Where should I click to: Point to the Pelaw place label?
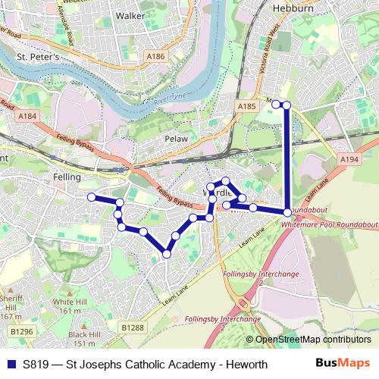pos(177,139)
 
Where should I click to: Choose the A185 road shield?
pos(246,108)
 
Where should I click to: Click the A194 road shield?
pos(349,160)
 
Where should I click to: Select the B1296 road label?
pos(23,331)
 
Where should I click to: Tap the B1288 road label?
pos(132,327)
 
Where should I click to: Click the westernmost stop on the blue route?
pos(92,197)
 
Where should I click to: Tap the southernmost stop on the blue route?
pos(167,254)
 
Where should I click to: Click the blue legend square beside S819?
pos(10,364)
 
